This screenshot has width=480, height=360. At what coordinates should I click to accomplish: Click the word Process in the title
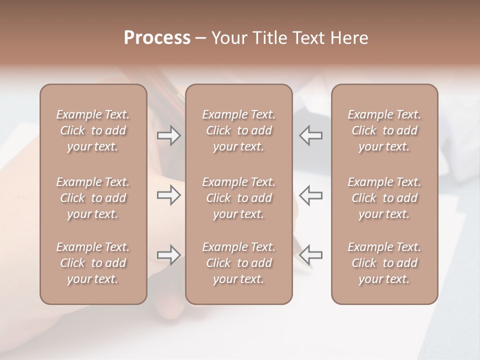157,38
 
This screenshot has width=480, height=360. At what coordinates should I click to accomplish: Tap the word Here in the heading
350,38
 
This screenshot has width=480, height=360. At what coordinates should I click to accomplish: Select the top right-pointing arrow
168,135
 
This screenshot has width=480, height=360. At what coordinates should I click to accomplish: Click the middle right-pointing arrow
168,195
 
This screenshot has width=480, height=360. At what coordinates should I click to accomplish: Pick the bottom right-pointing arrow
168,255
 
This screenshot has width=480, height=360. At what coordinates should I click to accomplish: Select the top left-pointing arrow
311,135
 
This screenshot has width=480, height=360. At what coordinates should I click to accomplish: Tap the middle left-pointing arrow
311,195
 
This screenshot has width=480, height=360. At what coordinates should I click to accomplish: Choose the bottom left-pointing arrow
311,255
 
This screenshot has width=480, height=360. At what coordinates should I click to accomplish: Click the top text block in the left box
93,130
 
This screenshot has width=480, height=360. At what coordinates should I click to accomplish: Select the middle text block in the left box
93,198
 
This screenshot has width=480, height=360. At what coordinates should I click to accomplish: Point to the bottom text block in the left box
93,263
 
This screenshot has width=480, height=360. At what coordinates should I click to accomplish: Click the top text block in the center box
238,130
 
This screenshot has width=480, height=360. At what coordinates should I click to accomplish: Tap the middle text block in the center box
238,198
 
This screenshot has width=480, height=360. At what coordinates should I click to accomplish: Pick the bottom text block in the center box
238,263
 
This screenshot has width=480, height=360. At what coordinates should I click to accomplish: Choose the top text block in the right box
384,130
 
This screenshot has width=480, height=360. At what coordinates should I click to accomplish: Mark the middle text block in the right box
384,198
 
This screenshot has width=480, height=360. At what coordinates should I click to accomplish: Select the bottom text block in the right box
384,263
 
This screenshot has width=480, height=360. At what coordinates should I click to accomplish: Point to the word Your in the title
228,38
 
